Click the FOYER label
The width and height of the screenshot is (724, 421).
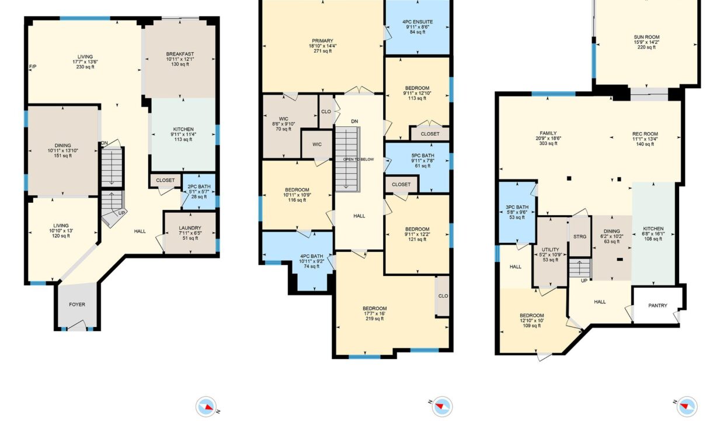click(x=77, y=305)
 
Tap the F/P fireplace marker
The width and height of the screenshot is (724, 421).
click(x=33, y=67)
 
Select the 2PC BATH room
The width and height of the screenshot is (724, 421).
click(x=199, y=192)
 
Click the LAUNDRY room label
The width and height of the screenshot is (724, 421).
click(x=190, y=228)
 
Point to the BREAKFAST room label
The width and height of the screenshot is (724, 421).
click(x=180, y=54)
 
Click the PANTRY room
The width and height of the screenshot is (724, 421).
click(x=658, y=305)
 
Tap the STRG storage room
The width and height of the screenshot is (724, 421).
click(x=580, y=237)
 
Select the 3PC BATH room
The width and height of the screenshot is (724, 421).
click(x=517, y=212)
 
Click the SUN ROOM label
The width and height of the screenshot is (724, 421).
click(x=646, y=37)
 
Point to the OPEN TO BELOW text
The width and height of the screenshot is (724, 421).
click(x=358, y=159)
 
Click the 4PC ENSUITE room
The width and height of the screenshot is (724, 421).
click(x=417, y=27)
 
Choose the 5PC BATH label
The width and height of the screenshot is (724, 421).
click(x=423, y=156)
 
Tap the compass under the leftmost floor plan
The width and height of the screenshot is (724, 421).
click(x=206, y=406)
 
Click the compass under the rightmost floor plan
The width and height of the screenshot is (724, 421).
click(x=687, y=406)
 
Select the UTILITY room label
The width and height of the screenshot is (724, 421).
click(x=551, y=250)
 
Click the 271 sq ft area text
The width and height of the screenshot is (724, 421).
click(x=322, y=51)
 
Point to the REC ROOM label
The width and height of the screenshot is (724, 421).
click(x=645, y=134)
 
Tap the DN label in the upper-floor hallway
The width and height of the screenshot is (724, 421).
click(x=354, y=122)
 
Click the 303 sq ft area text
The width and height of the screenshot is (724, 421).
click(x=548, y=143)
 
